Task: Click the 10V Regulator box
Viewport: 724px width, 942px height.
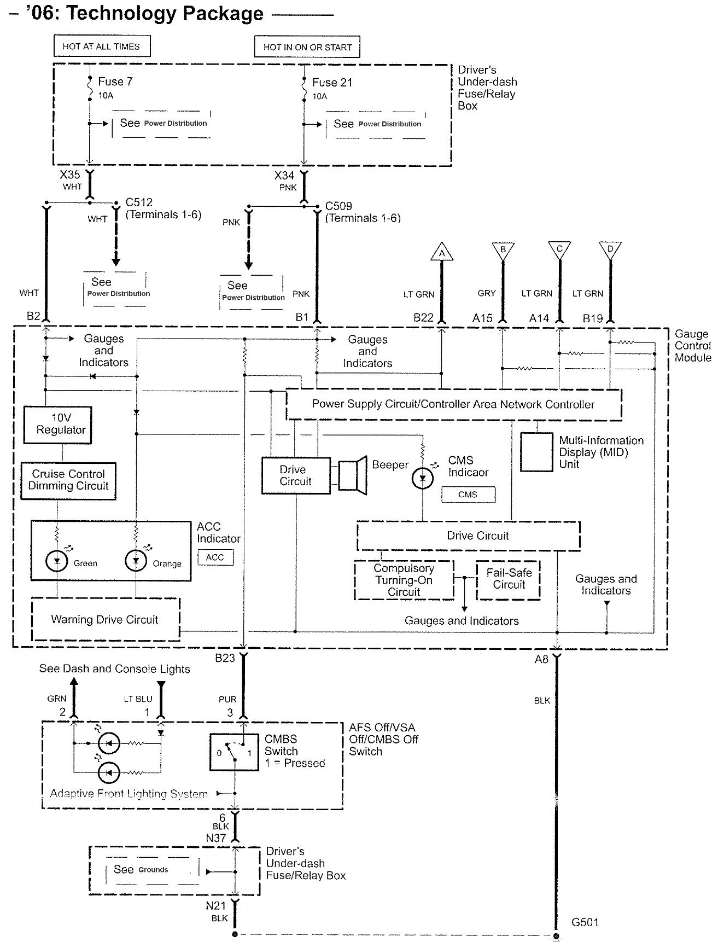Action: (x=57, y=425)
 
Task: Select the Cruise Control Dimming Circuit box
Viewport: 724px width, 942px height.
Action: (x=68, y=480)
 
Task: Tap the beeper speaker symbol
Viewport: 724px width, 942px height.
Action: (x=352, y=475)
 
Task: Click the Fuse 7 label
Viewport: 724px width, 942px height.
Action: (x=115, y=82)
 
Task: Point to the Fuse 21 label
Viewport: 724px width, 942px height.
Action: (x=332, y=83)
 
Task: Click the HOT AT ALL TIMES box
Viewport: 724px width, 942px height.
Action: (x=102, y=46)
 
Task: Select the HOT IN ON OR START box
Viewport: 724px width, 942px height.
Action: (x=307, y=47)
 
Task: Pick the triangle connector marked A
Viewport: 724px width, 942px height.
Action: (x=442, y=252)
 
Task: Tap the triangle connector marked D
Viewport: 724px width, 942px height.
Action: (x=610, y=249)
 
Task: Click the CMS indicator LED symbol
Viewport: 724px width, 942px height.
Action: (x=422, y=478)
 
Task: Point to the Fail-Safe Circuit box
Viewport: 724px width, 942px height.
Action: (x=509, y=579)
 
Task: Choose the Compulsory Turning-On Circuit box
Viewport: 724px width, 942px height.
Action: (x=404, y=580)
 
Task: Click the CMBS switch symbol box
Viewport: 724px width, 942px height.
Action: (x=234, y=752)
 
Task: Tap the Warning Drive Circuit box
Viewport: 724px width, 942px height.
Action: (x=106, y=619)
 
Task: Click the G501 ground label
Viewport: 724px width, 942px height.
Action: (x=585, y=922)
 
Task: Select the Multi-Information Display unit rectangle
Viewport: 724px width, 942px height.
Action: (x=536, y=452)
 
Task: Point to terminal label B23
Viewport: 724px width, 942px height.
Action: (x=225, y=658)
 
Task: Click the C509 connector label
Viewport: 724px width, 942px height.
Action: (x=338, y=206)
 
